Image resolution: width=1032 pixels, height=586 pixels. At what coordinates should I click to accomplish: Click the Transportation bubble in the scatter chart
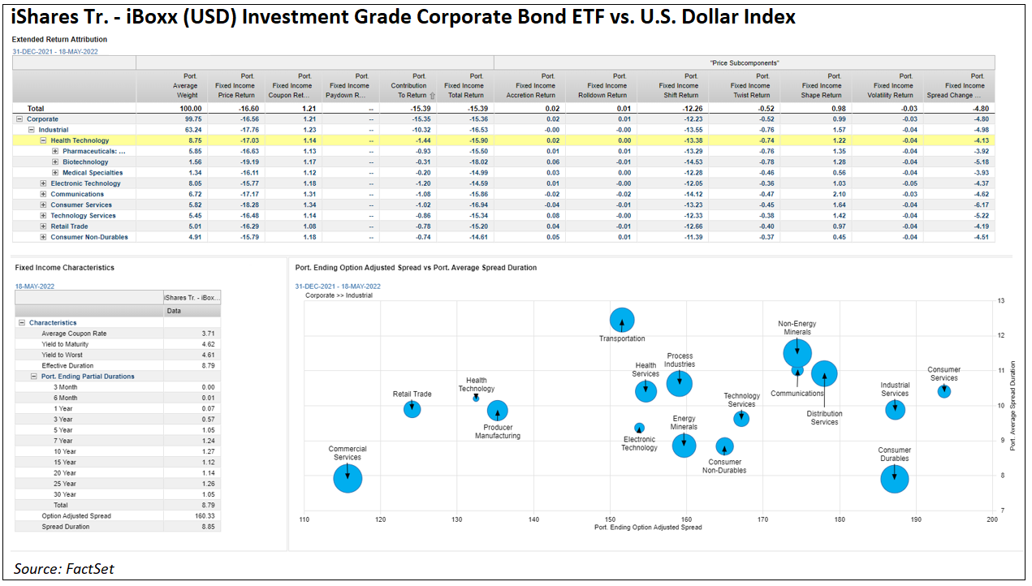pos(622,321)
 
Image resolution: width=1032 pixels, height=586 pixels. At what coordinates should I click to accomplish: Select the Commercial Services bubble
pos(348,478)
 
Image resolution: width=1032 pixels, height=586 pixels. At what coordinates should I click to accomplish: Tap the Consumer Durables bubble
pos(895,479)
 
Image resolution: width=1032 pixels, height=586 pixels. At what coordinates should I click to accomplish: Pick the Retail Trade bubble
pos(412,409)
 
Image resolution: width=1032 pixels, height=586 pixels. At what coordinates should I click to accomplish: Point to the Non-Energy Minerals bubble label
pos(797,328)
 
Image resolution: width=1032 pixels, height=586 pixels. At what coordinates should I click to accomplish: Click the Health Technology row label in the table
pos(80,140)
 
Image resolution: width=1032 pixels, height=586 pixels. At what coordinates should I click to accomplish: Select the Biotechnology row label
pos(85,162)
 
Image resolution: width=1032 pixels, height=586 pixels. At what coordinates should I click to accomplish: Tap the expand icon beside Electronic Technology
pos(44,183)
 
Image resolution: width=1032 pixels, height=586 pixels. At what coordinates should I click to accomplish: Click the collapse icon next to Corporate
pos(19,119)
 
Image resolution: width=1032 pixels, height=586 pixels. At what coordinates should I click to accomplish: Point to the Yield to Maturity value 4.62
pos(209,344)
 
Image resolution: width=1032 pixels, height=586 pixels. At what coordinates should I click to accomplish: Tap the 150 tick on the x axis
pos(610,519)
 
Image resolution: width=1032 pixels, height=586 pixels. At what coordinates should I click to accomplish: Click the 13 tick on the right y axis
pos(1001,300)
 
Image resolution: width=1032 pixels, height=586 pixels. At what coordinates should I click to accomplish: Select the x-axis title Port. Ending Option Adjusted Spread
pos(648,528)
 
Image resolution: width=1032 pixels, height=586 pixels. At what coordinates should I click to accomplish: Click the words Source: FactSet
pos(64,569)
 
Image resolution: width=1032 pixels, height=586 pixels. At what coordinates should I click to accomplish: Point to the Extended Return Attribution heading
pos(59,39)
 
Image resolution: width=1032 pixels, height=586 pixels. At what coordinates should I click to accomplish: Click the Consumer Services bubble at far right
pos(943,391)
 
